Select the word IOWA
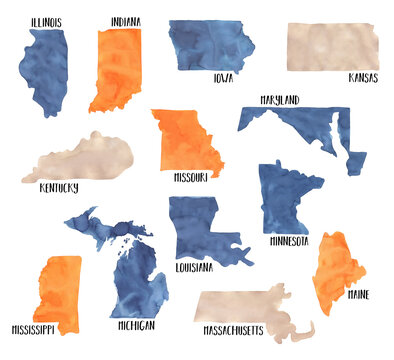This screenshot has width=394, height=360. point(223,77)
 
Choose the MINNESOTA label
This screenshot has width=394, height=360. point(288,241)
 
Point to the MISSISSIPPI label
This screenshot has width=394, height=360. point(32,328)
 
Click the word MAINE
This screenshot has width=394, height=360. point(357,295)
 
